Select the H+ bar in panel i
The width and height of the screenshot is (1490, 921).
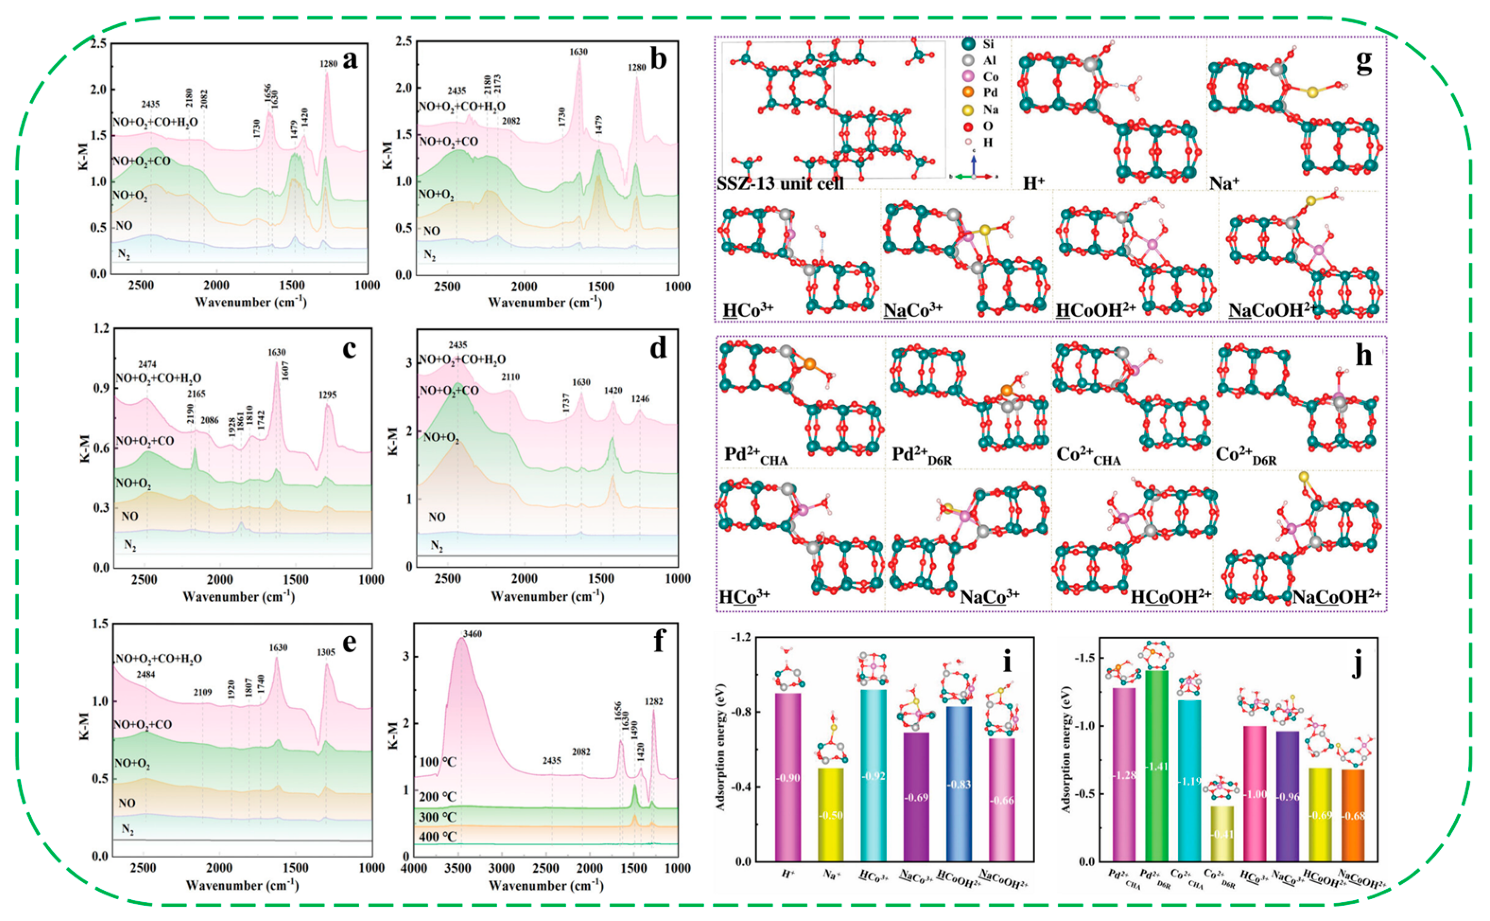(x=788, y=777)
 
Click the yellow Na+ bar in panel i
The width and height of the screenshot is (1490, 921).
(x=833, y=814)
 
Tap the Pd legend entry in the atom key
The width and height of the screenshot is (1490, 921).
(x=981, y=93)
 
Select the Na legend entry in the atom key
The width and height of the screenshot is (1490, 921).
(x=981, y=110)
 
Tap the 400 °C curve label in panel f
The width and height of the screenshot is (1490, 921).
(x=437, y=837)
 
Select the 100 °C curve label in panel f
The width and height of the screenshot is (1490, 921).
(x=437, y=762)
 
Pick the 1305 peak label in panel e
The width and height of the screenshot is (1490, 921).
(x=326, y=652)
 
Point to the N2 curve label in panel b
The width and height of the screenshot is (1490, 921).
(x=430, y=255)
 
